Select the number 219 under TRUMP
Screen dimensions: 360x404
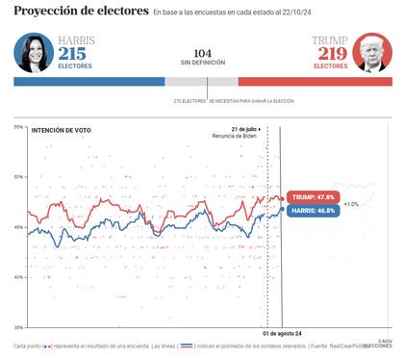coord(328,53)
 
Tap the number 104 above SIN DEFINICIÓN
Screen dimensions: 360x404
coord(202,53)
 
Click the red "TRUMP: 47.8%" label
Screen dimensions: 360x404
coord(313,197)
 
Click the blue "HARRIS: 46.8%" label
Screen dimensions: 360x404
coord(314,209)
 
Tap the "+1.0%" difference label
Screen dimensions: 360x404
coord(351,204)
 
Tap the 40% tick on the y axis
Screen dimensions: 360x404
coord(18,277)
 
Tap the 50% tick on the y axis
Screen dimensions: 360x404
coord(18,177)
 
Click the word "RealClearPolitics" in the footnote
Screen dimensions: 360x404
coord(361,345)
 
